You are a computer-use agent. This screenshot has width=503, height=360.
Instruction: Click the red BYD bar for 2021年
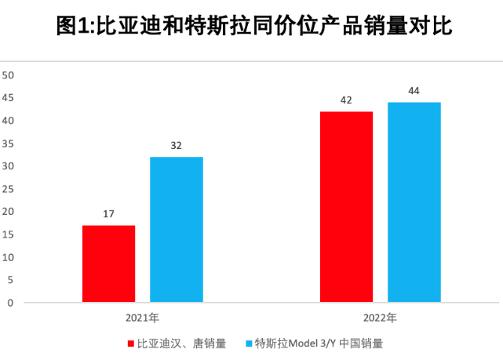pyautogui.click(x=108, y=264)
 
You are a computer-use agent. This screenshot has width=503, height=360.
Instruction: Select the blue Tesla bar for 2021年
pyautogui.click(x=177, y=229)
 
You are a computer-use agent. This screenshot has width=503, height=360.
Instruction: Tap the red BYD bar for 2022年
pyautogui.click(x=346, y=206)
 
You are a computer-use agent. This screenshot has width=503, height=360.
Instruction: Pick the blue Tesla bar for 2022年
pyautogui.click(x=414, y=202)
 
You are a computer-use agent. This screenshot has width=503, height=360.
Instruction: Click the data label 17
pyautogui.click(x=108, y=213)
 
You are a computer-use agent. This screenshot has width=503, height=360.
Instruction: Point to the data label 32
pyautogui.click(x=177, y=145)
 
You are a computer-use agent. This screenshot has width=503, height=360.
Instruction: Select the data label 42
pyautogui.click(x=346, y=100)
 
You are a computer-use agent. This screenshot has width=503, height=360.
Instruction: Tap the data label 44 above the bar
pyautogui.click(x=414, y=91)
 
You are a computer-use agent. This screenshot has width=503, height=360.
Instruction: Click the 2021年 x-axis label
pyautogui.click(x=142, y=318)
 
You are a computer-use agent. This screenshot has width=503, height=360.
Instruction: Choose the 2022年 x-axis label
pyautogui.click(x=381, y=318)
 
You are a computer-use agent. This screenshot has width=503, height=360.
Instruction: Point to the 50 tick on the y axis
pyautogui.click(x=9, y=75)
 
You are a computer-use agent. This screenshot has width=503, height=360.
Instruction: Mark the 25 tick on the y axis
pyautogui.click(x=9, y=189)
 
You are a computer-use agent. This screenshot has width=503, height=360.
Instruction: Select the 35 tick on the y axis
pyautogui.click(x=9, y=144)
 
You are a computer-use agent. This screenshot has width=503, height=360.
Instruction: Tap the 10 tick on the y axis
pyautogui.click(x=9, y=257)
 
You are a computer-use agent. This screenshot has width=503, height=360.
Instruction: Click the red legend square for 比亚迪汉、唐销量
pyautogui.click(x=130, y=344)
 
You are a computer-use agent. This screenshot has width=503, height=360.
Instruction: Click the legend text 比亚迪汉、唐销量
pyautogui.click(x=181, y=344)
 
